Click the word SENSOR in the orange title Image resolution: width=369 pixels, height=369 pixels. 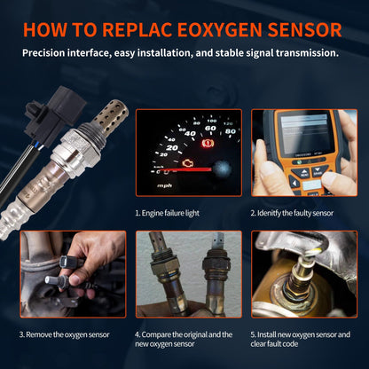coord(304,29)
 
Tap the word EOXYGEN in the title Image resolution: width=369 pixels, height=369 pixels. coord(219,29)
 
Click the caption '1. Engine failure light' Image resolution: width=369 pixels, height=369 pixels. coord(167,213)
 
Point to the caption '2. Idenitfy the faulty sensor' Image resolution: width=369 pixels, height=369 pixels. coord(292,213)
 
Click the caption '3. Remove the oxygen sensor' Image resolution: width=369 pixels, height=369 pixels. coord(65,334)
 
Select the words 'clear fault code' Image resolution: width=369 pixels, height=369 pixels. coord(274,344)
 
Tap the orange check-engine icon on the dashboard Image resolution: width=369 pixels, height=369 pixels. coord(187,163)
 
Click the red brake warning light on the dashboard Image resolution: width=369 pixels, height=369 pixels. coord(208,144)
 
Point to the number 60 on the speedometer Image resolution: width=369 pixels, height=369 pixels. coord(210,129)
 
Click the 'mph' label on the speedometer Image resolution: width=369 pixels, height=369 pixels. coord(164,185)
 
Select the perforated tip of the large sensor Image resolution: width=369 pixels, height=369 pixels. coord(110,117)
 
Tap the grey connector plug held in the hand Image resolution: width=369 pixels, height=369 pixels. coord(51,279)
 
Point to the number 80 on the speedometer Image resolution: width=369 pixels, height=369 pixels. coord(231,131)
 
